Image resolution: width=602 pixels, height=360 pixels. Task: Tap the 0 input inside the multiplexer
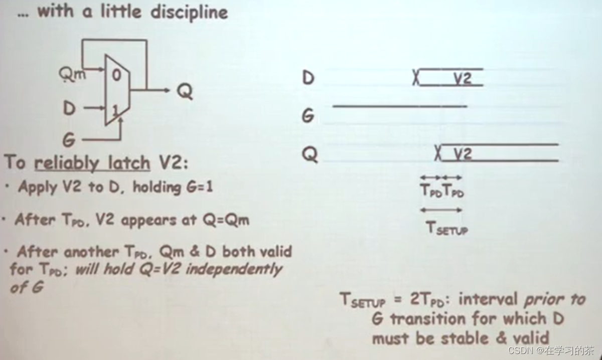(x=116, y=76)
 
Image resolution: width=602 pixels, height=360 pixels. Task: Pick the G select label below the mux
(x=70, y=138)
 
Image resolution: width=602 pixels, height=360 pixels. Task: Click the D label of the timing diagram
(x=308, y=78)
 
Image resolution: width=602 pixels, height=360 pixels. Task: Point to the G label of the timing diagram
(x=308, y=116)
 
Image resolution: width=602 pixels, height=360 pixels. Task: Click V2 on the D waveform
(x=463, y=79)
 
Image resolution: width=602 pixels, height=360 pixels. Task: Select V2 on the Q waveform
(x=463, y=153)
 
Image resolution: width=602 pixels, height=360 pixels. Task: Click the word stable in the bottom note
(x=470, y=337)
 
